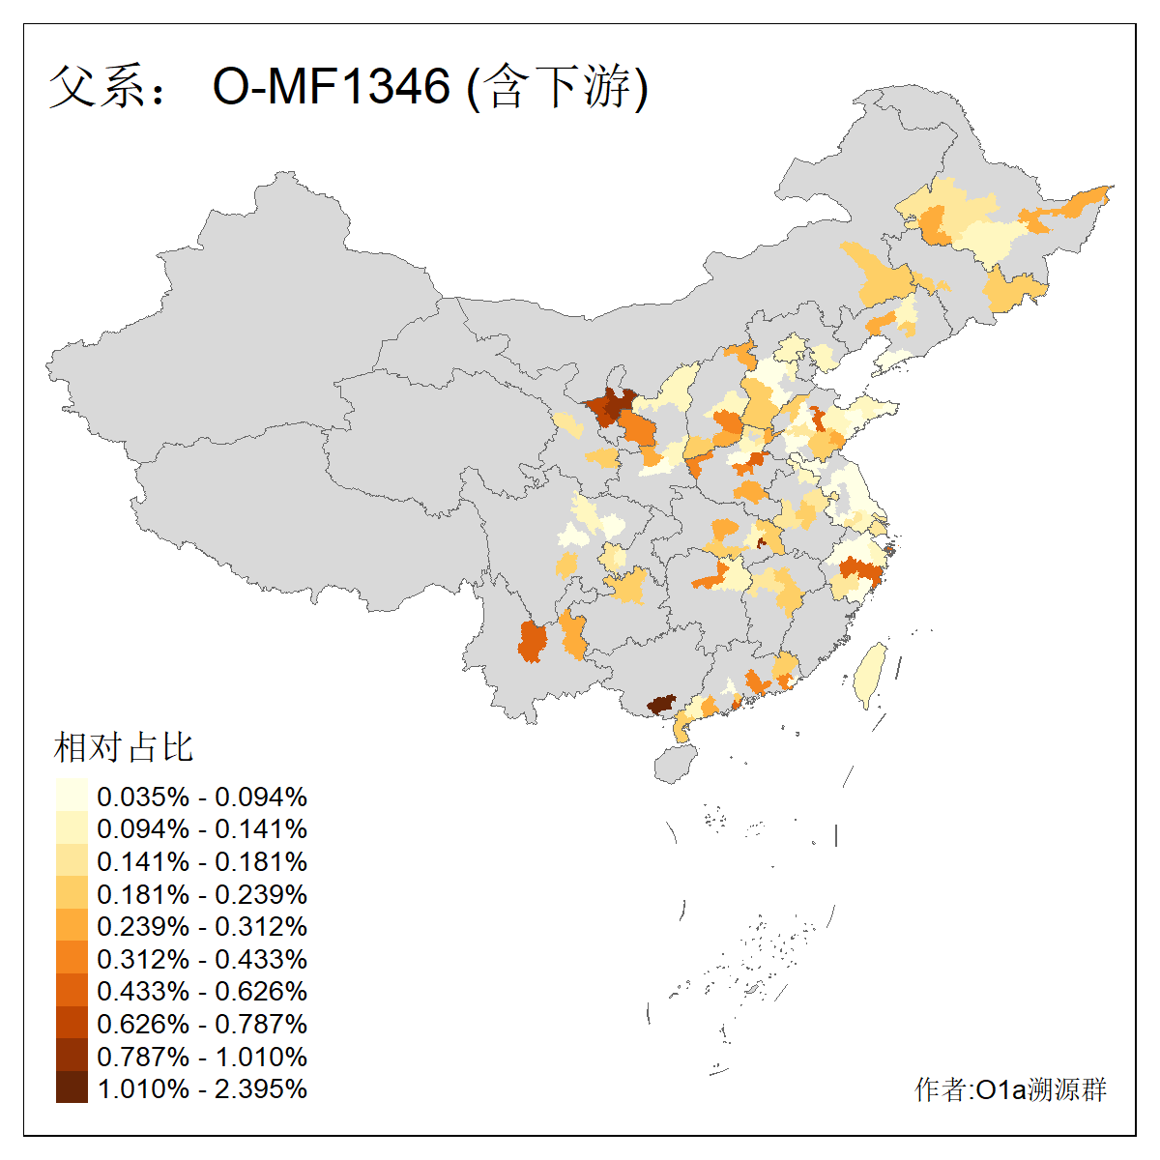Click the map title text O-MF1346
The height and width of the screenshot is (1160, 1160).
click(332, 87)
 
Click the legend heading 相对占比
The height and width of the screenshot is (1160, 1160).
click(124, 746)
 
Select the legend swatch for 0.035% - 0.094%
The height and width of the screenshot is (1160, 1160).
click(72, 797)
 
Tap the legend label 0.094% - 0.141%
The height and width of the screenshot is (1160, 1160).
click(202, 829)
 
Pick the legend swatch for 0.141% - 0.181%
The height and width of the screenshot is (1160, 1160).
click(72, 861)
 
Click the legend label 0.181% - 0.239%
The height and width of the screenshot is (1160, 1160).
click(202, 894)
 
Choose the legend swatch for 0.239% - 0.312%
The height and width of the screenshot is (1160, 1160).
click(72, 926)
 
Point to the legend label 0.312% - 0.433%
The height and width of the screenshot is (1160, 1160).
click(202, 959)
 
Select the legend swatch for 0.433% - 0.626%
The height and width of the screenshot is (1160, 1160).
click(72, 991)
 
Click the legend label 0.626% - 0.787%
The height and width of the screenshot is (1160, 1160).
click(202, 1024)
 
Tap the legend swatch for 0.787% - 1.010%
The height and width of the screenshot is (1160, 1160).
click(72, 1056)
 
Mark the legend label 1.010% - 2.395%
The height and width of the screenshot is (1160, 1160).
click(202, 1088)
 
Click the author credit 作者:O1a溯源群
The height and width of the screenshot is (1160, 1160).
click(1010, 1089)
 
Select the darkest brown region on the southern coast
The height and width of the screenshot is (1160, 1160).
click(661, 704)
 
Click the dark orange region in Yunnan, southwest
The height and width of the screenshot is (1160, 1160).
click(532, 642)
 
